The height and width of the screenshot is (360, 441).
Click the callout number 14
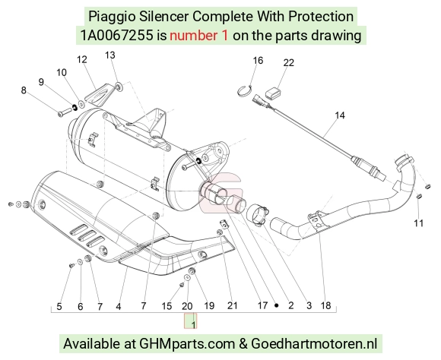pyautogui.click(x=340, y=115)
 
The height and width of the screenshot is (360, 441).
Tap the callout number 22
pyautogui.click(x=289, y=63)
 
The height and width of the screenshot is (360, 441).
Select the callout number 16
pyautogui.click(x=258, y=61)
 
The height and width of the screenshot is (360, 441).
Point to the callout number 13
pyautogui.click(x=110, y=55)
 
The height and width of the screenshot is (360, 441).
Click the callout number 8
pyautogui.click(x=24, y=90)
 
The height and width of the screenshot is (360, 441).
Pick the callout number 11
pyautogui.click(x=418, y=223)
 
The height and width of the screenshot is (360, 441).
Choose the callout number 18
pyautogui.click(x=325, y=305)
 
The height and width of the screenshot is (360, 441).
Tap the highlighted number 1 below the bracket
pyautogui.click(x=193, y=324)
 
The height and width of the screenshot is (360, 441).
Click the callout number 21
pyautogui.click(x=233, y=305)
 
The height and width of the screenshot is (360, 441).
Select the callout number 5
pyautogui.click(x=59, y=306)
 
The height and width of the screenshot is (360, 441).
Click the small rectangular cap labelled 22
pyautogui.click(x=272, y=93)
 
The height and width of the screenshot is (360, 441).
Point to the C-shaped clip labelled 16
pyautogui.click(x=243, y=90)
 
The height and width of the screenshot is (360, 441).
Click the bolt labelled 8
pyautogui.click(x=65, y=111)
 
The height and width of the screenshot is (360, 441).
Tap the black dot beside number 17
pyautogui.click(x=277, y=305)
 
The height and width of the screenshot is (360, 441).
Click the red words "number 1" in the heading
pyautogui.click(x=198, y=36)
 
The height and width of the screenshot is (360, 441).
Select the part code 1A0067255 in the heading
pyautogui.click(x=117, y=36)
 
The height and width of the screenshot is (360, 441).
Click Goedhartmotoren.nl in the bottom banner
pyautogui.click(x=314, y=344)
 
